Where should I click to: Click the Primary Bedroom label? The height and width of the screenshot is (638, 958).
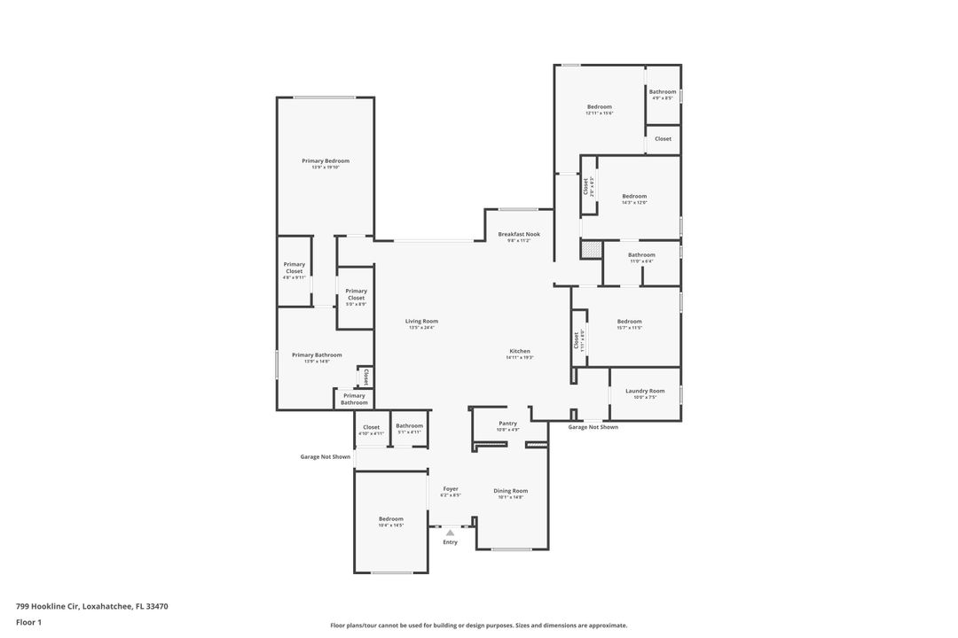pyautogui.click(x=326, y=161)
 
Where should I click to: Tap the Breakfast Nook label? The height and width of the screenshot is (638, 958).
pyautogui.click(x=519, y=235)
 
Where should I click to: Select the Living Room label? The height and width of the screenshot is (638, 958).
pyautogui.click(x=421, y=322)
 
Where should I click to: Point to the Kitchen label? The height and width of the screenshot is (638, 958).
pyautogui.click(x=520, y=352)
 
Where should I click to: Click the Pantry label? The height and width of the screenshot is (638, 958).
pyautogui.click(x=507, y=424)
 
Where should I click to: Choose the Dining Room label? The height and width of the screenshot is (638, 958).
pyautogui.click(x=510, y=491)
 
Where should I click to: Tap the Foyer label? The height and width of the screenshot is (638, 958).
pyautogui.click(x=451, y=489)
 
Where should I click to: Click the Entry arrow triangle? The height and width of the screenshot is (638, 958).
pyautogui.click(x=450, y=533)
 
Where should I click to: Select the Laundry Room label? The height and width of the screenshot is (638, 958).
pyautogui.click(x=645, y=391)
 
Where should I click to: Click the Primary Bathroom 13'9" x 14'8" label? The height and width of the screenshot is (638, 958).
pyautogui.click(x=317, y=355)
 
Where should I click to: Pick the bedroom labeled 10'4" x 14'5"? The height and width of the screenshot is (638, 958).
pyautogui.click(x=391, y=519)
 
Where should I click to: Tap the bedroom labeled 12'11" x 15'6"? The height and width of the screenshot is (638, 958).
pyautogui.click(x=600, y=107)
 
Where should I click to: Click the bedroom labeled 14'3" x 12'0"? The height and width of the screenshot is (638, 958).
pyautogui.click(x=634, y=197)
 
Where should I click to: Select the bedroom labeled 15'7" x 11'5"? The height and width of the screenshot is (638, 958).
pyautogui.click(x=629, y=322)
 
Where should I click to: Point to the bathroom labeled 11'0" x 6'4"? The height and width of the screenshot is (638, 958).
pyautogui.click(x=641, y=255)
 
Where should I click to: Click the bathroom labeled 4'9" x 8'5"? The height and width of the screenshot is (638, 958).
pyautogui.click(x=663, y=92)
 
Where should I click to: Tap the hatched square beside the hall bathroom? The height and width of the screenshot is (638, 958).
pyautogui.click(x=591, y=250)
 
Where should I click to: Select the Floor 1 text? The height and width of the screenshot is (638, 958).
pyautogui.click(x=28, y=623)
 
